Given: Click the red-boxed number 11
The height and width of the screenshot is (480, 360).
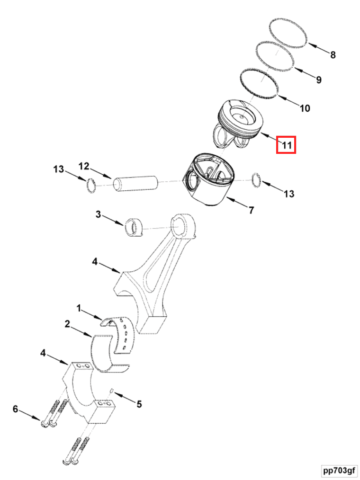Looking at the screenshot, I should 286,145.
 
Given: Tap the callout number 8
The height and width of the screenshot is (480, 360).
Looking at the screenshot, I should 333,55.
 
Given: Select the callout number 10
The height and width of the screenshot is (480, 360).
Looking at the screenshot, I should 305,108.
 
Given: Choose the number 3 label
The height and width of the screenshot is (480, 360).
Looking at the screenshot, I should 99,215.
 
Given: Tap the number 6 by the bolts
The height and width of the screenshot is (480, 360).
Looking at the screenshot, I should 16,409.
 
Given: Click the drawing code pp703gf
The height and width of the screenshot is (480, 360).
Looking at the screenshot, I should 338,471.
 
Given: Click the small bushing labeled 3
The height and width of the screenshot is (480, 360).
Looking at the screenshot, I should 133,227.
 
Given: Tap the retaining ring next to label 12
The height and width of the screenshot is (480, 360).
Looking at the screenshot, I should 91,186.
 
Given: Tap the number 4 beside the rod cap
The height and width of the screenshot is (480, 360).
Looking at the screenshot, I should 43,353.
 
